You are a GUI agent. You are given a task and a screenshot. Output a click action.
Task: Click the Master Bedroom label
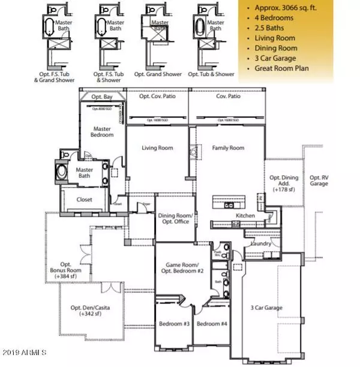pos(102,131)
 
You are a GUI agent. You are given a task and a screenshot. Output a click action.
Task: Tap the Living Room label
pos(157,148)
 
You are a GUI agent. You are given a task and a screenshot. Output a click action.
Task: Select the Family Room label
pos(229,148)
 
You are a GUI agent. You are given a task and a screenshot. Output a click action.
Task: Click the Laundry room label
pos(263,244)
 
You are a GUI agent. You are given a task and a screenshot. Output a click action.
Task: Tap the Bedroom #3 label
pos(174,324)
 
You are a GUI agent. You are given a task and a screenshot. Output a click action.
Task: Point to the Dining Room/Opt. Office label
pos(174,218)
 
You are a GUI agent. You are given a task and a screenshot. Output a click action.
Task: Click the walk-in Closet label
pos(84,200)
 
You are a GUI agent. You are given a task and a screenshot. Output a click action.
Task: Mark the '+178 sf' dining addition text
pos(283,189)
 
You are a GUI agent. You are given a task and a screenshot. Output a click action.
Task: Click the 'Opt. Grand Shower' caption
pos(158,74)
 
